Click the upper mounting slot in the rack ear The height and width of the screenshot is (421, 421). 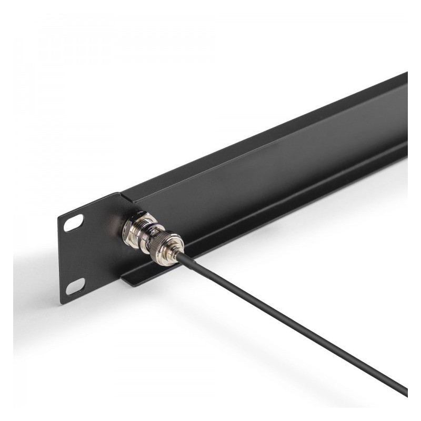click(74, 223)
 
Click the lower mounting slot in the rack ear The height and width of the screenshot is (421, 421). click(75, 286)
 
